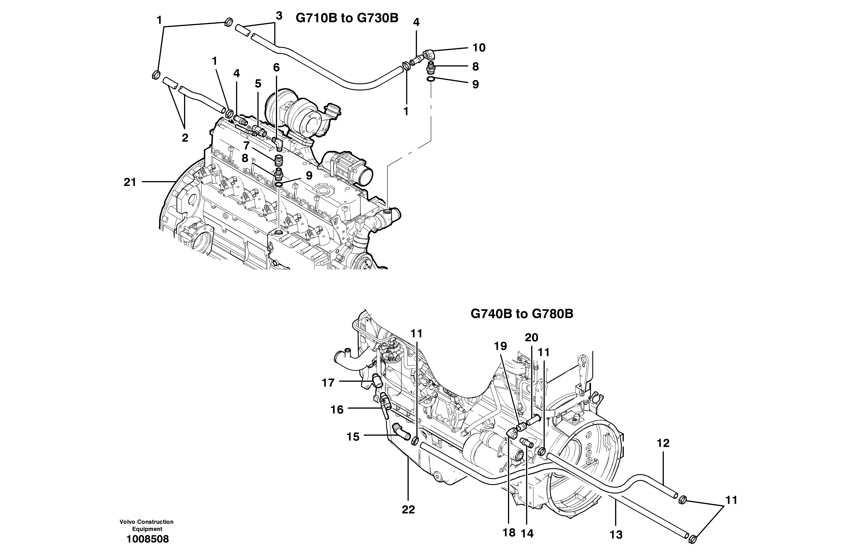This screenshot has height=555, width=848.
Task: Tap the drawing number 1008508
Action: coord(148,539)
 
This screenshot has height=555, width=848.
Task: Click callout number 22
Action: coord(408,510)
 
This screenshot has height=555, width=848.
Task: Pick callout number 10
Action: coord(479,48)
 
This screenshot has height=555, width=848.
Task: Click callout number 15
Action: coord(353,437)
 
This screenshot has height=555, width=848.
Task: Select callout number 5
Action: coord(258,84)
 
